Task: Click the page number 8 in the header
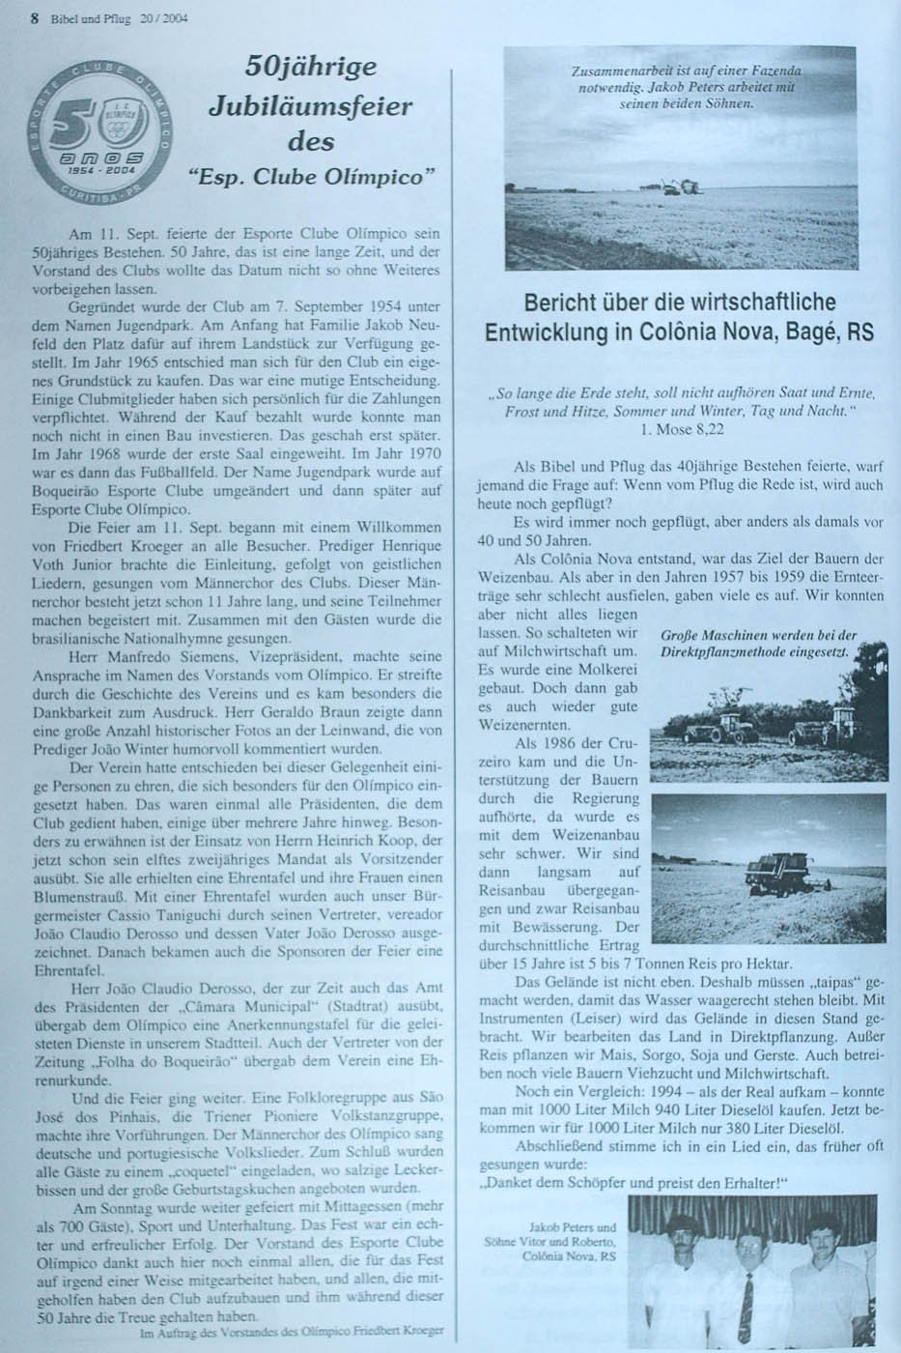click(x=34, y=16)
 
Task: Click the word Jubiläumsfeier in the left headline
click(x=310, y=105)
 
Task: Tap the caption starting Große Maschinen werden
click(x=758, y=645)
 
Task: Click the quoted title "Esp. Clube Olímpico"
click(x=312, y=178)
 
